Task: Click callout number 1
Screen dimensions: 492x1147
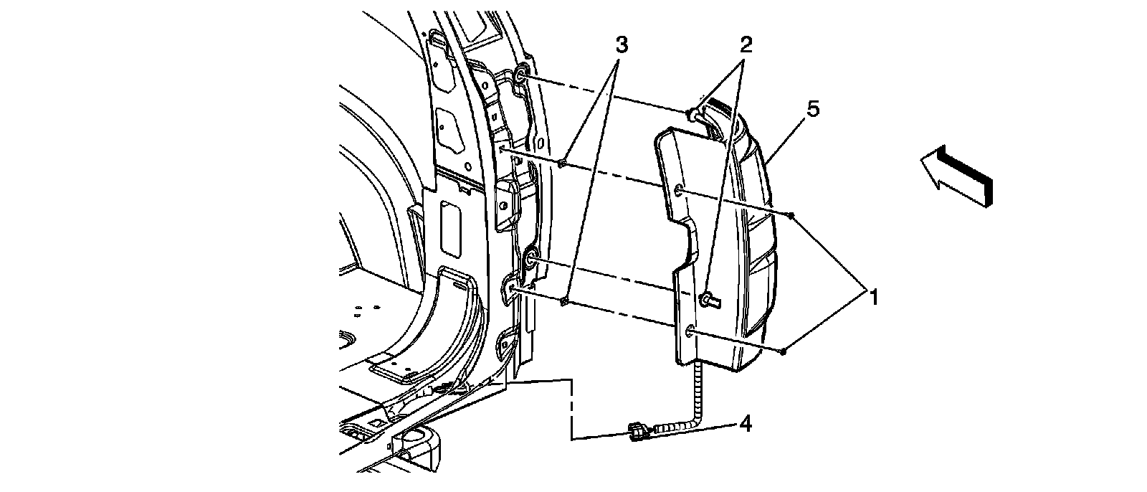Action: tap(873, 295)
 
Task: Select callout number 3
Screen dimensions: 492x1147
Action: tap(622, 44)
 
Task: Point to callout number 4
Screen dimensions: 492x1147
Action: tap(746, 424)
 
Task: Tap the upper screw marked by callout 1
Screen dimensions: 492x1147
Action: tap(791, 214)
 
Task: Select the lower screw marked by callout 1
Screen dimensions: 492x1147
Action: tap(784, 350)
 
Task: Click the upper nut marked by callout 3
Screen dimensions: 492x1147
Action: tap(563, 164)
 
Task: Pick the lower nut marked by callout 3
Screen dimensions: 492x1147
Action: tap(565, 301)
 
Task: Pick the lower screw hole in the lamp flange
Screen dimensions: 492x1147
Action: tap(690, 330)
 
